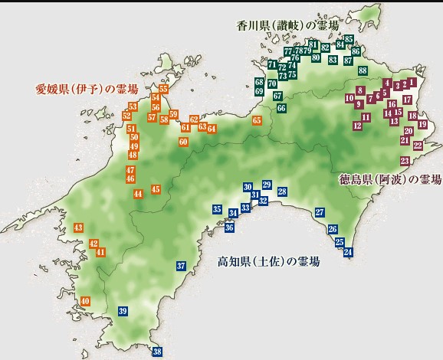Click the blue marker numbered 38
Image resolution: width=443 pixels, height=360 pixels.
coord(157,352)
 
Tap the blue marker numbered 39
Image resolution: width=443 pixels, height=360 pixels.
coord(123,310)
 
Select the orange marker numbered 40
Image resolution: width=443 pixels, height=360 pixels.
coord(84,301)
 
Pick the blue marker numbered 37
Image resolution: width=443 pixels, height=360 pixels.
coord(181,267)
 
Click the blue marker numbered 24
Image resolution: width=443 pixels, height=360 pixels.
coord(348,252)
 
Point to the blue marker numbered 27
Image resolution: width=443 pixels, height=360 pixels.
coord(320,212)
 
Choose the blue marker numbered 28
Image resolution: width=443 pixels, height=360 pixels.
coord(282,191)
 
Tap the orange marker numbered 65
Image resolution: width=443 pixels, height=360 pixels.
coord(257,120)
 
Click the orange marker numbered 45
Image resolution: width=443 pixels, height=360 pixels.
coord(156,189)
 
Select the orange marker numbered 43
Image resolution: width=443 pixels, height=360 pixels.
coord(78,227)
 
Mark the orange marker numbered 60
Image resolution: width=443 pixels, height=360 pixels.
coord(183,142)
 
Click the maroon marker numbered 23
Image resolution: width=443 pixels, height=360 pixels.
coord(404,160)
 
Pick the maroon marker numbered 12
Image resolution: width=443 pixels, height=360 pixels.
coord(357,125)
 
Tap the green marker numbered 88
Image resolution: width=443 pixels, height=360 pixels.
coord(363,70)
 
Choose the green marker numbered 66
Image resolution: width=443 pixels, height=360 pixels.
coord(281,108)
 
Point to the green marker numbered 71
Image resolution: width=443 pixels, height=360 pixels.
coord(272,64)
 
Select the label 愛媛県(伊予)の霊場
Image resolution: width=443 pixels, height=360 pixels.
coord(85,89)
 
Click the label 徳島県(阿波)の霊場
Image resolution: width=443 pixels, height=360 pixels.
coord(390,180)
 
